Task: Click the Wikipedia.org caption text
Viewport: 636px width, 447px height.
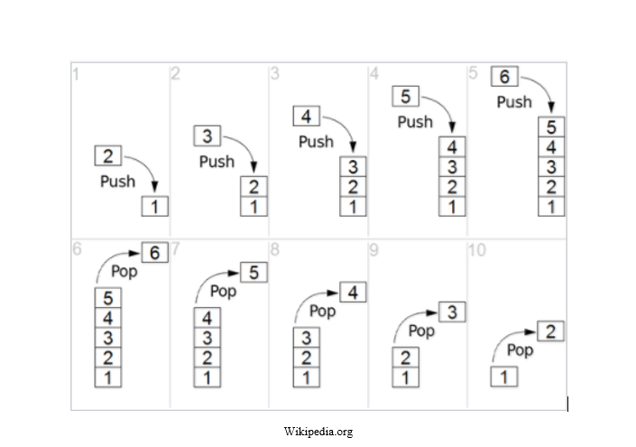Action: [x=318, y=432]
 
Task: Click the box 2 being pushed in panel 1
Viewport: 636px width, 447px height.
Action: [x=107, y=156]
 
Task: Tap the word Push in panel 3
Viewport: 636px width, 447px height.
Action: [x=316, y=142]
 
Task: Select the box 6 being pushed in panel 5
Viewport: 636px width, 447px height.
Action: [x=504, y=77]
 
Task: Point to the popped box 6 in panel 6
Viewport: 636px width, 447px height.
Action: [x=154, y=253]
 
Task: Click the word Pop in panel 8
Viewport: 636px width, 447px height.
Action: [x=322, y=312]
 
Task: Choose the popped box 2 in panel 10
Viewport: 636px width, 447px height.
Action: [x=551, y=331]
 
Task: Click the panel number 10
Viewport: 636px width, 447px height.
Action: [x=477, y=250]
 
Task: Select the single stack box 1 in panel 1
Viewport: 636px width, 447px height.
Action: [x=155, y=207]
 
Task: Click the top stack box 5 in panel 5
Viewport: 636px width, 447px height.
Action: [x=550, y=127]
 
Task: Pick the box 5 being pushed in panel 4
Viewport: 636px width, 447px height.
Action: [x=405, y=97]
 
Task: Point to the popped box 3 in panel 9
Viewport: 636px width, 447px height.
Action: [x=452, y=312]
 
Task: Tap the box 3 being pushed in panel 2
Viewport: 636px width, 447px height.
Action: [x=207, y=136]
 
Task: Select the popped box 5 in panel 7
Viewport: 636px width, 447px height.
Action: [x=253, y=272]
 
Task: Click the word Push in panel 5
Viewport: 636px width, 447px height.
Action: [x=514, y=102]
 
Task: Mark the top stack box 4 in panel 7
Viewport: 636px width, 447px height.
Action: [x=207, y=318]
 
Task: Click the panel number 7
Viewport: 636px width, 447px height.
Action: [x=175, y=250]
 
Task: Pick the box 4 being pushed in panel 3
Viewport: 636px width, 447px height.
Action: [x=306, y=116]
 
